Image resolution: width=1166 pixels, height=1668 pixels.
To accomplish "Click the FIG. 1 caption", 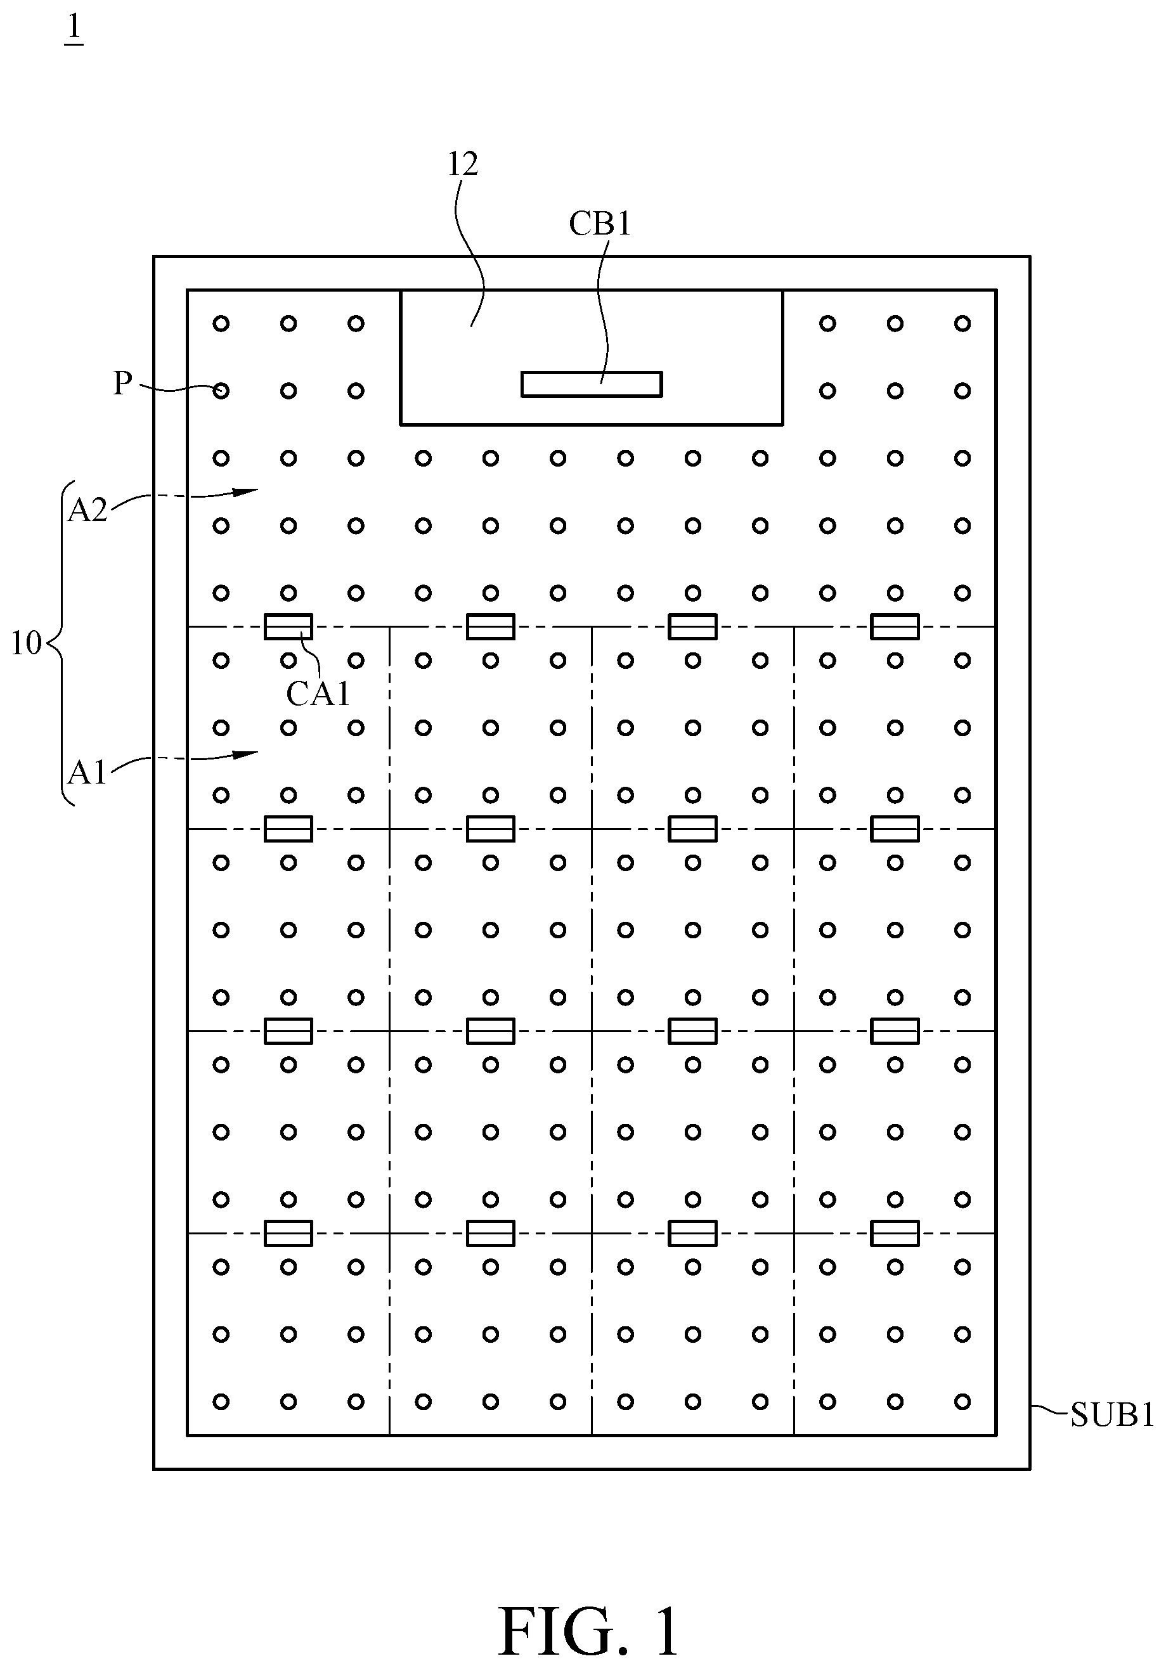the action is tap(588, 1612).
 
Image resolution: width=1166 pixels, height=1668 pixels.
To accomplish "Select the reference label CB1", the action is tap(599, 224).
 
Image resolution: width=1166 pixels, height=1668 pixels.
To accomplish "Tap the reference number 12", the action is tap(462, 165).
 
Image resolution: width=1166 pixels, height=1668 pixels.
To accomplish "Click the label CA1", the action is tap(318, 694).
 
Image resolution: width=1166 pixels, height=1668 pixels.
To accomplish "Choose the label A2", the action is tap(87, 511).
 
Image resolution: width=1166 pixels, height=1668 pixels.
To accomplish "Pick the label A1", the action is tap(87, 773).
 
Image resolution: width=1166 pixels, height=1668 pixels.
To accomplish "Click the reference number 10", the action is tap(26, 643).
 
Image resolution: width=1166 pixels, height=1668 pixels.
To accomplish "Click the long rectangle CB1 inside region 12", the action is tap(592, 384).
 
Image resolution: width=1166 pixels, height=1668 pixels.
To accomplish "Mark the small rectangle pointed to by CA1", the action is tap(288, 626).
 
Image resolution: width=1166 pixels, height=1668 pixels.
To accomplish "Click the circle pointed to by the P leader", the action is tap(221, 391).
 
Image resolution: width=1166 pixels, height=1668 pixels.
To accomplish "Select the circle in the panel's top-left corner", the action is tap(221, 323).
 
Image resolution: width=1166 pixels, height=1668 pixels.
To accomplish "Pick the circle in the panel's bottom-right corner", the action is tap(962, 1401).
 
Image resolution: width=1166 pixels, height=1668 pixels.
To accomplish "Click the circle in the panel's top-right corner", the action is tap(962, 323).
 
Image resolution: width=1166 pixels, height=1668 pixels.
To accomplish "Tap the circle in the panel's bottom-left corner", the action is tap(221, 1401).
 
